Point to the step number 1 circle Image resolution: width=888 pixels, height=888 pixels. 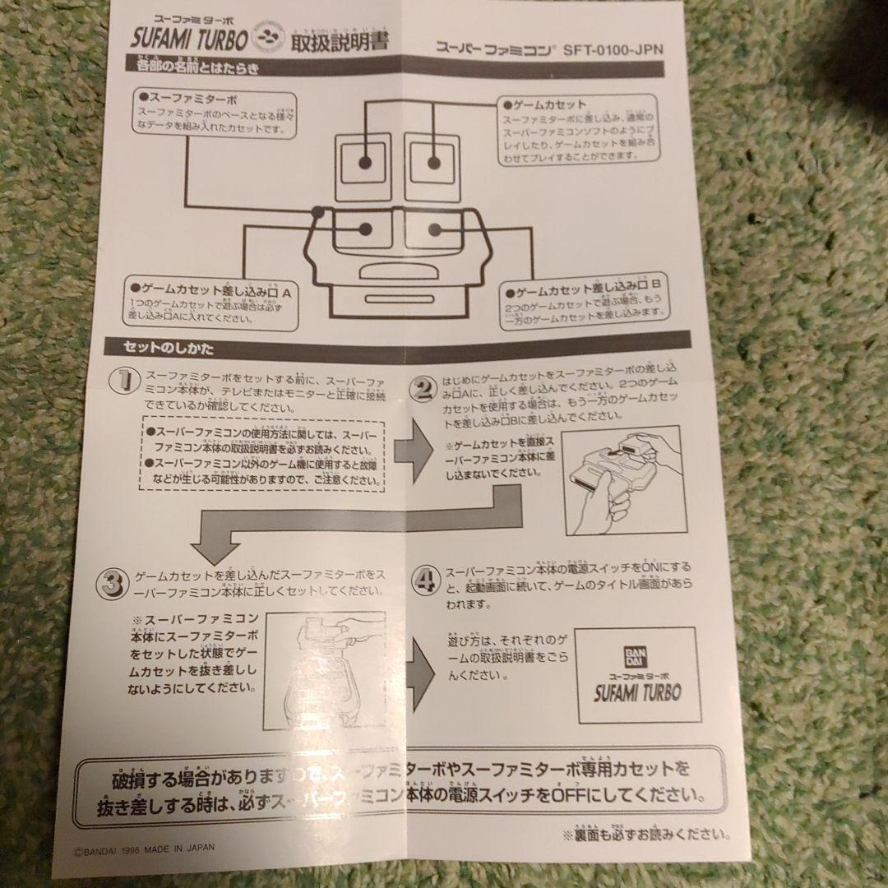(123, 379)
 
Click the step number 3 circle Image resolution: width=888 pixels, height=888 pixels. (110, 582)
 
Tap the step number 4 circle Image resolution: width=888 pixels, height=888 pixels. (426, 580)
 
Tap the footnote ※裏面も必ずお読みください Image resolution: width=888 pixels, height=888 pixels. (658, 835)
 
